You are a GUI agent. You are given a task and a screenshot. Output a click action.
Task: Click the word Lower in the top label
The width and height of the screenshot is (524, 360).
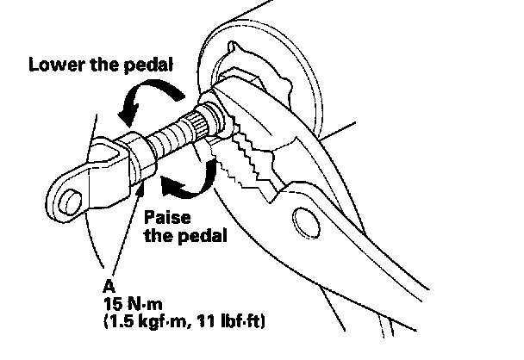53,65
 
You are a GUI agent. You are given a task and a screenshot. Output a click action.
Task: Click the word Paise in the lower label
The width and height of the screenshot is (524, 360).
164,217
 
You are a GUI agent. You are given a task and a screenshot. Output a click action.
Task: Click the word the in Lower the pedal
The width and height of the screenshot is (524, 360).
103,65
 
